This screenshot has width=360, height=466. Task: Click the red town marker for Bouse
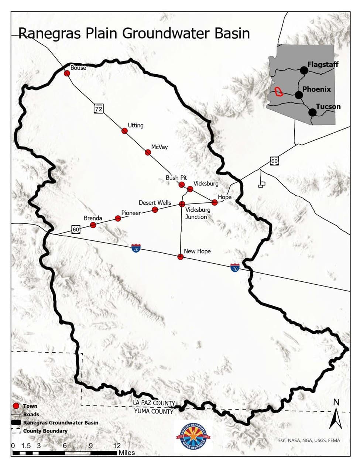(67, 73)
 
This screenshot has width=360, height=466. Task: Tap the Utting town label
(136, 126)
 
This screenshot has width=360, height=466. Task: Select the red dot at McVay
(148, 152)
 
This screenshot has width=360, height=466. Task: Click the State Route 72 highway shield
(98, 109)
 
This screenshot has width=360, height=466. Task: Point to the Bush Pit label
(176, 178)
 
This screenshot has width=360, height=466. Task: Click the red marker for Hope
(215, 202)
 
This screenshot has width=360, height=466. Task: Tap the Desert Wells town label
(155, 203)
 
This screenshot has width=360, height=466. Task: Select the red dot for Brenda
(93, 225)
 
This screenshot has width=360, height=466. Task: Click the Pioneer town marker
(118, 219)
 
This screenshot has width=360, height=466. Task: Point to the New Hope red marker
(181, 257)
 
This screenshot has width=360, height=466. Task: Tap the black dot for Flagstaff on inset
(304, 70)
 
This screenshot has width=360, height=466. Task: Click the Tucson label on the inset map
(328, 107)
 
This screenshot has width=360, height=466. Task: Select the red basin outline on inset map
(278, 92)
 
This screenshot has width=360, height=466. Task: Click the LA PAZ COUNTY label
(154, 403)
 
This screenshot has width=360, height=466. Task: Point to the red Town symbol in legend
(16, 406)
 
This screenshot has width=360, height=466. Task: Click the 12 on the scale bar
(117, 446)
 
